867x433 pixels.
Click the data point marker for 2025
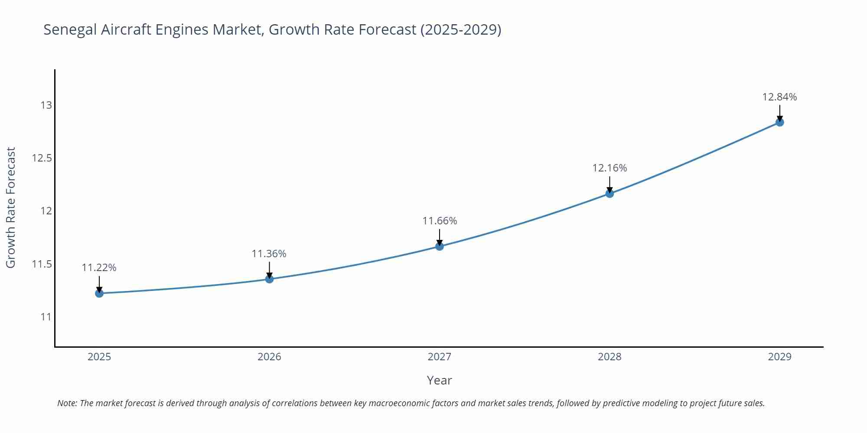coord(99,293)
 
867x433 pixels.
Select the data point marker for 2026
coord(269,279)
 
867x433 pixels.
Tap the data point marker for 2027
coord(440,246)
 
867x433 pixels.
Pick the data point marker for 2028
coord(610,194)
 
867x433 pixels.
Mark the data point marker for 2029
coord(779,122)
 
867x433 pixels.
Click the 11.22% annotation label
coord(99,268)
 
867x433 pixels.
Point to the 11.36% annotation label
coord(269,254)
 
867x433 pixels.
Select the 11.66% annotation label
coord(440,221)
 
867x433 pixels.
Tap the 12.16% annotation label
coord(610,168)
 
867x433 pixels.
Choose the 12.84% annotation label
coord(779,97)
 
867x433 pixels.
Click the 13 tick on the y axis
coord(46,105)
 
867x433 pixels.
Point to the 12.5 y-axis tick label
coord(42,158)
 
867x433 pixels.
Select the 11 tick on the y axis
coord(46,317)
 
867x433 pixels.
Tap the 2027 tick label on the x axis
coord(440,357)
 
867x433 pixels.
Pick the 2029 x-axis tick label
coord(779,357)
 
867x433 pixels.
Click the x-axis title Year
coord(439,380)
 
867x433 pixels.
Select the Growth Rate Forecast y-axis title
coord(11,208)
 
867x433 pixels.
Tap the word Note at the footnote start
coord(67,403)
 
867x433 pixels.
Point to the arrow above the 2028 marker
coord(610,184)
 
